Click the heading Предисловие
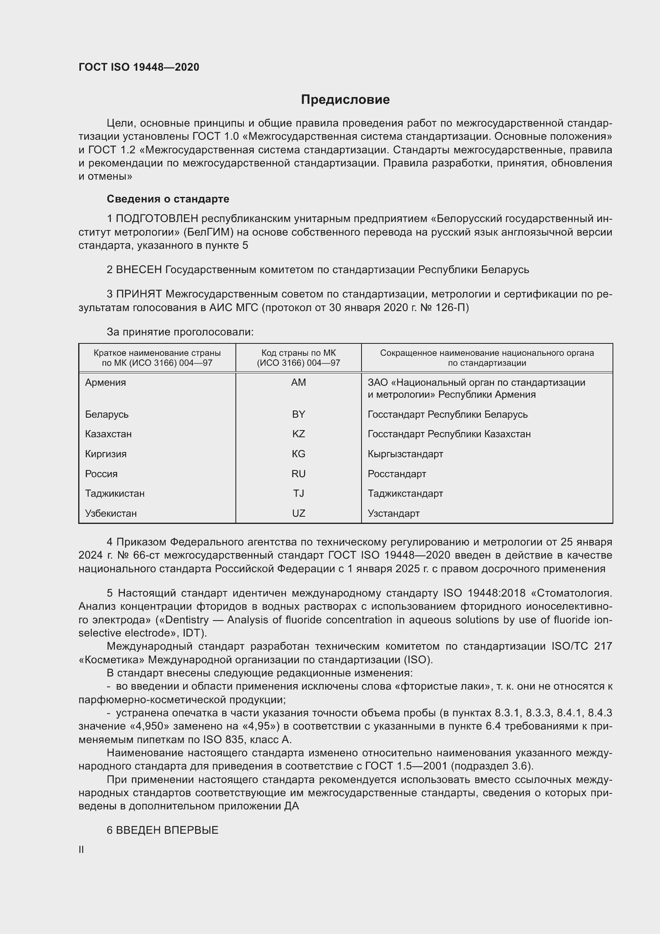click(345, 100)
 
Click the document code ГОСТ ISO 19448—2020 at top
click(139, 67)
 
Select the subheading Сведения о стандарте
click(168, 199)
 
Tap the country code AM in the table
click(298, 383)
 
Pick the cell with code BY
click(298, 414)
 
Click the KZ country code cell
click(298, 434)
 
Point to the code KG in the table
click(298, 454)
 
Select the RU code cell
click(298, 474)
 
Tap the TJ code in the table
click(298, 494)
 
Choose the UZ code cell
click(298, 514)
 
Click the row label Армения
click(106, 383)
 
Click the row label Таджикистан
click(115, 494)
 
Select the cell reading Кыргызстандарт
click(405, 454)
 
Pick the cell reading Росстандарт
click(397, 474)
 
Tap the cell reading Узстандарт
click(393, 514)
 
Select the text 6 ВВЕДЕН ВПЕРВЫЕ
click(162, 830)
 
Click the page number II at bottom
click(81, 849)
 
